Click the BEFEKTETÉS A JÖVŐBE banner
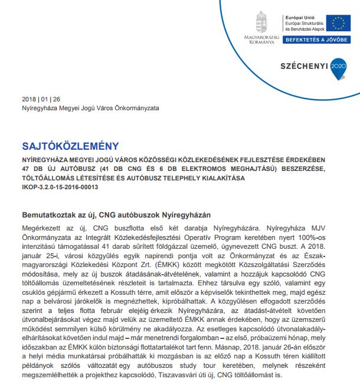[x=316, y=40]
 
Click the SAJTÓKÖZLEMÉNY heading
[x=70, y=146]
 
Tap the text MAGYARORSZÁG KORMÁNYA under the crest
[x=260, y=40]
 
